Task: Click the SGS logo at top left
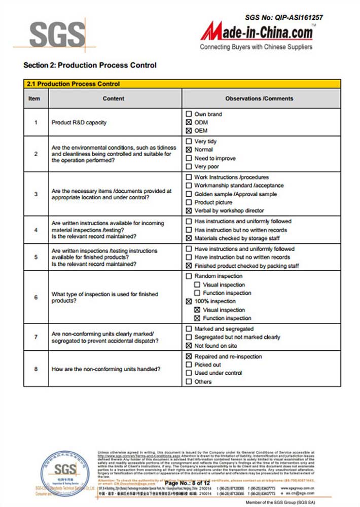coord(57,34)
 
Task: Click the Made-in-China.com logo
coord(257,33)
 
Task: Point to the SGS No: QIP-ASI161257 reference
coord(284,17)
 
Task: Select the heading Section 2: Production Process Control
coord(90,65)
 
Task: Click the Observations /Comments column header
coord(259,98)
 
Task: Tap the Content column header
coord(113,98)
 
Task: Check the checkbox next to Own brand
coord(189,114)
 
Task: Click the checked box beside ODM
coord(189,122)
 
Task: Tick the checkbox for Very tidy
coord(189,141)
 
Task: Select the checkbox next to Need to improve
coord(189,158)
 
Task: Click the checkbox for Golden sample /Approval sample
coord(189,194)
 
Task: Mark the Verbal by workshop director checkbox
coord(189,210)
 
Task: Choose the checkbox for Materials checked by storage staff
coord(189,238)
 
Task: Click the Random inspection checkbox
coord(189,276)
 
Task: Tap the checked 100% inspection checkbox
coord(189,302)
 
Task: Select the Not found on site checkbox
coord(189,345)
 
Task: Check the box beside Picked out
coord(189,365)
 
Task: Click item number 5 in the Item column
coord(36,257)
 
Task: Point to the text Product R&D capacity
coord(79,123)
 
